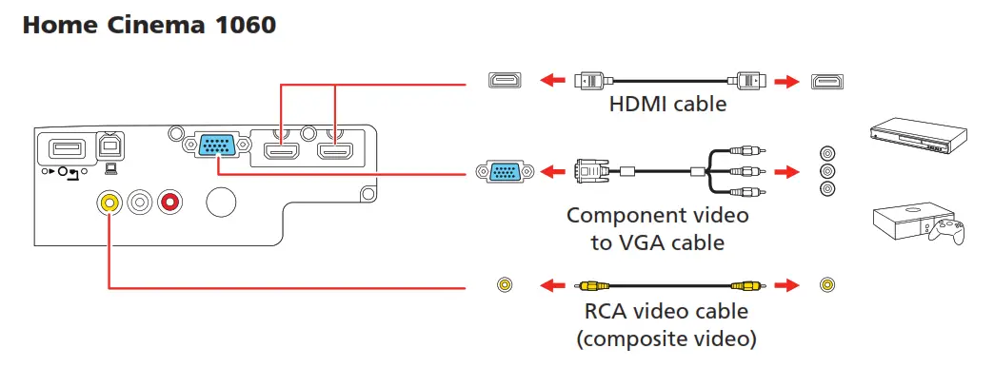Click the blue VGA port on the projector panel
pyautogui.click(x=217, y=145)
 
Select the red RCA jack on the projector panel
pyautogui.click(x=170, y=201)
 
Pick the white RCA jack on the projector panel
pyautogui.click(x=141, y=201)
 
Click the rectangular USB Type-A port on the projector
pyautogui.click(x=62, y=147)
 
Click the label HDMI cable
pyautogui.click(x=667, y=104)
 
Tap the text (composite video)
pyautogui.click(x=667, y=338)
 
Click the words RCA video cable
pyautogui.click(x=666, y=311)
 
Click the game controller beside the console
pyautogui.click(x=948, y=230)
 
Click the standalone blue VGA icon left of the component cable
pyautogui.click(x=503, y=172)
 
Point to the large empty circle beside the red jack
pyautogui.click(x=221, y=201)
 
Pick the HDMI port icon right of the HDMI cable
pyautogui.click(x=826, y=81)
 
